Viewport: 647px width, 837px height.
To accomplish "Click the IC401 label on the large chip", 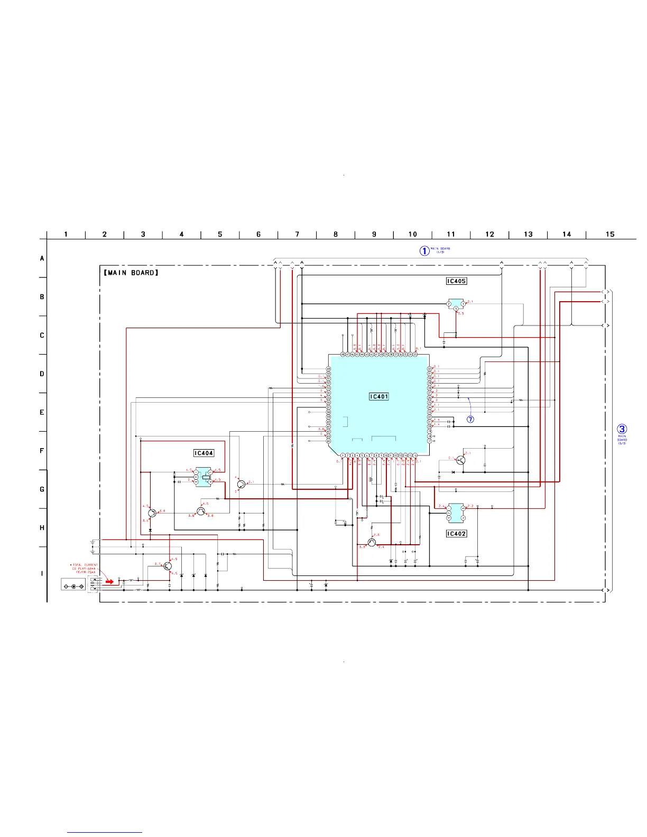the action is pos(379,396).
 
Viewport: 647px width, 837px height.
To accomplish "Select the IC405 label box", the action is pos(456,281).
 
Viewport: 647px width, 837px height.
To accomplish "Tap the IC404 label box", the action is pos(204,453).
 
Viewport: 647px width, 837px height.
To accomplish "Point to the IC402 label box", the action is pos(456,534).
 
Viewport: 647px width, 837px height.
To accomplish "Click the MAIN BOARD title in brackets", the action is pos(131,273).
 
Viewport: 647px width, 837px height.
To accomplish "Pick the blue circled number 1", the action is pos(424,251).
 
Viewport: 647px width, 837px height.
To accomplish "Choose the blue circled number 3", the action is pos(622,429).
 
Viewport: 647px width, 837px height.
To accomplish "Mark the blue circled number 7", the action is pos(470,420).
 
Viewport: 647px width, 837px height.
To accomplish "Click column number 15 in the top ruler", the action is pos(610,234).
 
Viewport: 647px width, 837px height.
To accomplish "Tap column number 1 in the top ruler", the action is pos(66,234).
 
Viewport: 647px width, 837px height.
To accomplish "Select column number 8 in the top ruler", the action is pos(336,234).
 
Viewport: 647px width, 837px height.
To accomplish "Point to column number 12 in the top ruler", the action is pos(489,234).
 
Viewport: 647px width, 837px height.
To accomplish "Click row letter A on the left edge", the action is pos(42,258).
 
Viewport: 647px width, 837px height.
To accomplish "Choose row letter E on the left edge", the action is pos(42,412).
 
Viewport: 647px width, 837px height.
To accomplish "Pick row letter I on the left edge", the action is pos(42,573).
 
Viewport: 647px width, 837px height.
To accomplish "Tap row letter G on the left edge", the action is pos(42,489).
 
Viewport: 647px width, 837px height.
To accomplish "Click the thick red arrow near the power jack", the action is pos(109,582).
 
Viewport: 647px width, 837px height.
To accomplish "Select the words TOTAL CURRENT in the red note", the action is pos(85,565).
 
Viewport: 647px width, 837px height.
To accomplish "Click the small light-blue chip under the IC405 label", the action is pos(456,304).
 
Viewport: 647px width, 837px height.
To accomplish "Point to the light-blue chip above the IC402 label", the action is pos(456,513).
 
